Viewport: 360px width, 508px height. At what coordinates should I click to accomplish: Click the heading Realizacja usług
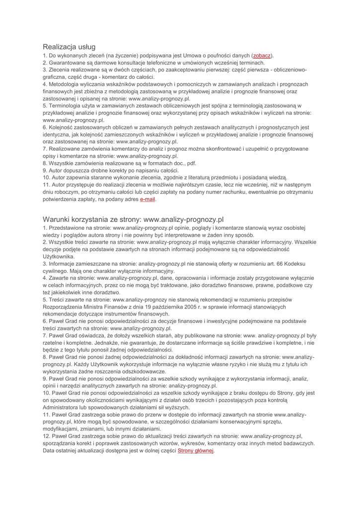(69, 47)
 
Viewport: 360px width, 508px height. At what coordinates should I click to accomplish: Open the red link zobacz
(262, 56)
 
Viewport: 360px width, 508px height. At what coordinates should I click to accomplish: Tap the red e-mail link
(148, 199)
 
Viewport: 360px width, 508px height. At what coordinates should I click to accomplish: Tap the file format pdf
(192, 163)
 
